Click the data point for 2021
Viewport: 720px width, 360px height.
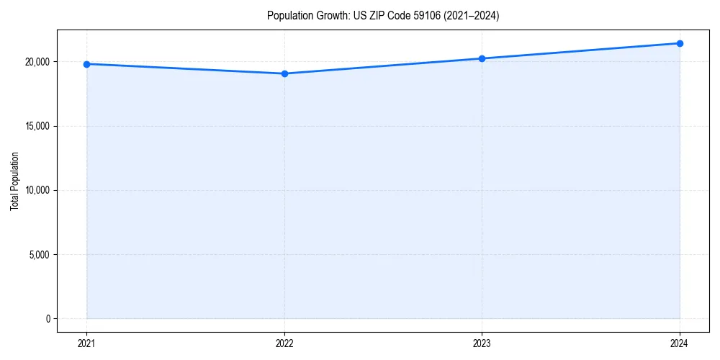point(86,64)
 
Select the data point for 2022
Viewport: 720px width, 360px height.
point(284,73)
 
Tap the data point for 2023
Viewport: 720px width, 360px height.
point(482,58)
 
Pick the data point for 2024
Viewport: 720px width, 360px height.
point(680,43)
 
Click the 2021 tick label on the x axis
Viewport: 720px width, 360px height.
point(86,343)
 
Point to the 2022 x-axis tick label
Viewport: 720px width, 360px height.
point(284,343)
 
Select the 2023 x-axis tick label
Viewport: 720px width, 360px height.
point(482,343)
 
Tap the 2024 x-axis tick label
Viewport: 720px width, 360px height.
point(680,343)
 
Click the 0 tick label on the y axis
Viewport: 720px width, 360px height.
point(48,319)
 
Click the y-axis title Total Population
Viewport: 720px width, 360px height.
point(14,181)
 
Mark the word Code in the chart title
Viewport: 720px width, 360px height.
point(397,16)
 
